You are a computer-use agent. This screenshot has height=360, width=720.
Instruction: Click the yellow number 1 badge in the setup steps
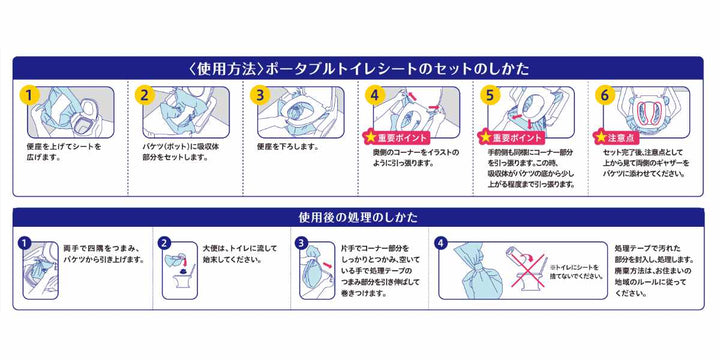[30, 96]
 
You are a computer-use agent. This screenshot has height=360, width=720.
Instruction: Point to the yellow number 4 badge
[374, 96]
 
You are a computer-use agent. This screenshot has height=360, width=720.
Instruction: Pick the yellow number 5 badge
[489, 96]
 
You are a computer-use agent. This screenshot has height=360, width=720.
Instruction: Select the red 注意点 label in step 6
[618, 134]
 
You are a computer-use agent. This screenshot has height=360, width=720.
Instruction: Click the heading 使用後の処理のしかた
[359, 216]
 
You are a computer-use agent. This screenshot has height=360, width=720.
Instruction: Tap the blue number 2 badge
[165, 242]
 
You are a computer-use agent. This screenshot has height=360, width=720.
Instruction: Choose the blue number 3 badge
[300, 242]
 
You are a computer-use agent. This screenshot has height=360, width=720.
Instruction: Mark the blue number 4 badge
[442, 242]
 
